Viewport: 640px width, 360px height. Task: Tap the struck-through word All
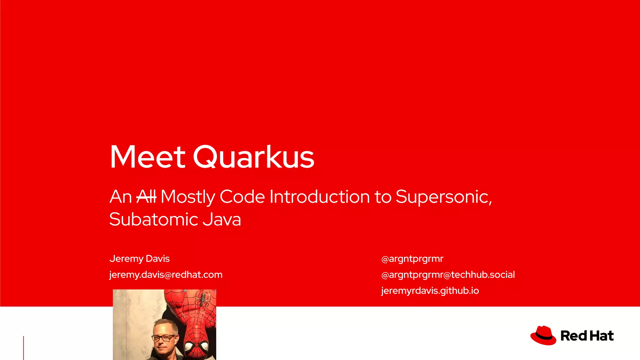click(146, 197)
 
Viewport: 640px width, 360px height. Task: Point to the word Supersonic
click(443, 197)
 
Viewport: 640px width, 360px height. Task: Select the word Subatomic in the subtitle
click(153, 219)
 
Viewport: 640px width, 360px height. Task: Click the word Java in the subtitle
click(222, 219)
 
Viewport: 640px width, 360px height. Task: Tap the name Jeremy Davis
click(139, 259)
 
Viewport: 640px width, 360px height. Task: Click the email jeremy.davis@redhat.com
click(166, 275)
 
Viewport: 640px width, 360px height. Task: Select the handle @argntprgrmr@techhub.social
click(448, 275)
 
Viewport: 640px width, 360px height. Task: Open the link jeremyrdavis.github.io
click(430, 291)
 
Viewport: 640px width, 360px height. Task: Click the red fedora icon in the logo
click(543, 336)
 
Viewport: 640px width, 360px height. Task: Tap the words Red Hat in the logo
click(587, 336)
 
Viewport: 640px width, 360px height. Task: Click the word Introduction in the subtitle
click(320, 197)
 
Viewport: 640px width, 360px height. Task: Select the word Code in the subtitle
click(242, 197)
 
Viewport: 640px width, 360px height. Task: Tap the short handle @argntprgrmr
click(412, 259)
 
